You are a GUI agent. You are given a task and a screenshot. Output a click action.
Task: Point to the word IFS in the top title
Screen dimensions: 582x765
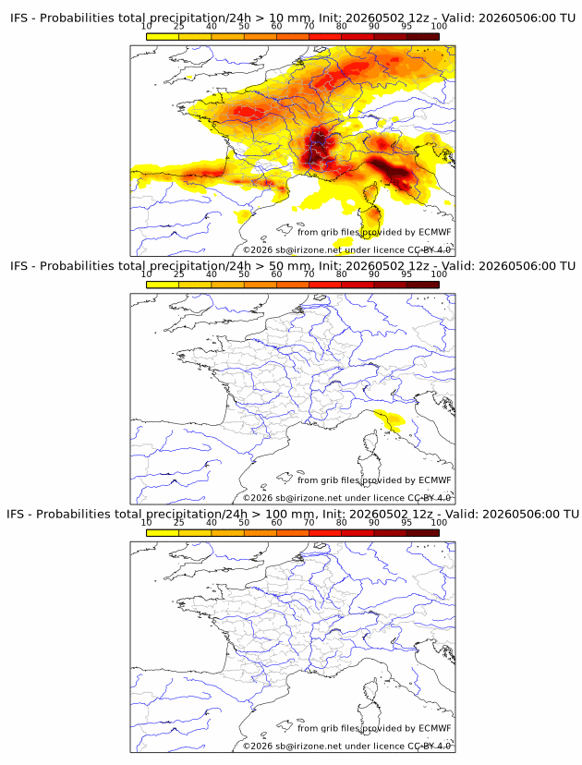[19, 18]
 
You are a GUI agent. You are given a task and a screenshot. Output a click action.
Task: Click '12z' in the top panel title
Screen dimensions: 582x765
[419, 18]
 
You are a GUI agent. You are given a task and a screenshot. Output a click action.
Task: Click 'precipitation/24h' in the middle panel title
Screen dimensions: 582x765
[199, 266]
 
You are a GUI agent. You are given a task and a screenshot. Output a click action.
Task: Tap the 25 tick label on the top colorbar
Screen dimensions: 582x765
[179, 27]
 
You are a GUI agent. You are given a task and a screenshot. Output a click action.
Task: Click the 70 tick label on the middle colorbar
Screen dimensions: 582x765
[309, 274]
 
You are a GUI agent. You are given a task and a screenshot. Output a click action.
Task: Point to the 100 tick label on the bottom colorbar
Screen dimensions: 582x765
[439, 523]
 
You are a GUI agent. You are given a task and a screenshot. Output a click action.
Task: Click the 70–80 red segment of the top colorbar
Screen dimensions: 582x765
[325, 37]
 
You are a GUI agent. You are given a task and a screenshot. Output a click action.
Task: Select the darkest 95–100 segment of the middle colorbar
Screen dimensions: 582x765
[423, 285]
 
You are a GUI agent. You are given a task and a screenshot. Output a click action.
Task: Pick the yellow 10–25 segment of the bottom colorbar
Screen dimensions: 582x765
[163, 533]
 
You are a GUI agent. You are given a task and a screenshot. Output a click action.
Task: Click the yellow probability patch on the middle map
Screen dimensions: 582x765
[390, 419]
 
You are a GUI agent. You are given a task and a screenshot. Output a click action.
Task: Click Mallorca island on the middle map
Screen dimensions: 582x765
[285, 478]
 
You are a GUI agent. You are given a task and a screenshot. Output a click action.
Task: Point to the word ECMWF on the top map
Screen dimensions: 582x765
[435, 232]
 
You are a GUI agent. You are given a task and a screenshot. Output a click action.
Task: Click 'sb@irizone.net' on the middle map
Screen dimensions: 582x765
[309, 498]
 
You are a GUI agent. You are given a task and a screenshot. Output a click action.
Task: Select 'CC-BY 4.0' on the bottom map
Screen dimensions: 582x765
[429, 747]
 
